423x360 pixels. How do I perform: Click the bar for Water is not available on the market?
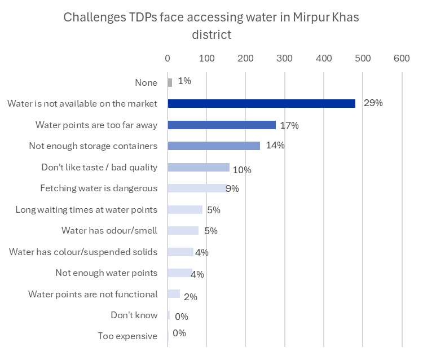[261, 104]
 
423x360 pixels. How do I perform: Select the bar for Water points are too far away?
[222, 125]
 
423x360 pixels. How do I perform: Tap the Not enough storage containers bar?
[214, 146]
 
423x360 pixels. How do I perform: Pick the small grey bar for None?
[170, 82]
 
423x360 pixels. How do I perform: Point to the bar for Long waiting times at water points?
[185, 209]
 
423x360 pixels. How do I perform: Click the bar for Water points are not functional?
[174, 294]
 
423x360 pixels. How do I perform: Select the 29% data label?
[373, 103]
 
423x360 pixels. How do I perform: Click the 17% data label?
[289, 125]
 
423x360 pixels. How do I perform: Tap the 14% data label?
[275, 146]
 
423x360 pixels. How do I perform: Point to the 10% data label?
[242, 170]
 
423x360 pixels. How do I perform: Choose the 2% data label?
[191, 297]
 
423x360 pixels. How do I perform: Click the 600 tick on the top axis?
[402, 58]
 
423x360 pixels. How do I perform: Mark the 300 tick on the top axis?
[284, 58]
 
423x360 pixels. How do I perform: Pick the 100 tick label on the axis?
[206, 58]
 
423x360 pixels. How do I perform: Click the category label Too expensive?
[127, 336]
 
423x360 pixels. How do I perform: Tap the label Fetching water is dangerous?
[99, 188]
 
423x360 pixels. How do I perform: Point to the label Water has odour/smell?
[109, 231]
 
